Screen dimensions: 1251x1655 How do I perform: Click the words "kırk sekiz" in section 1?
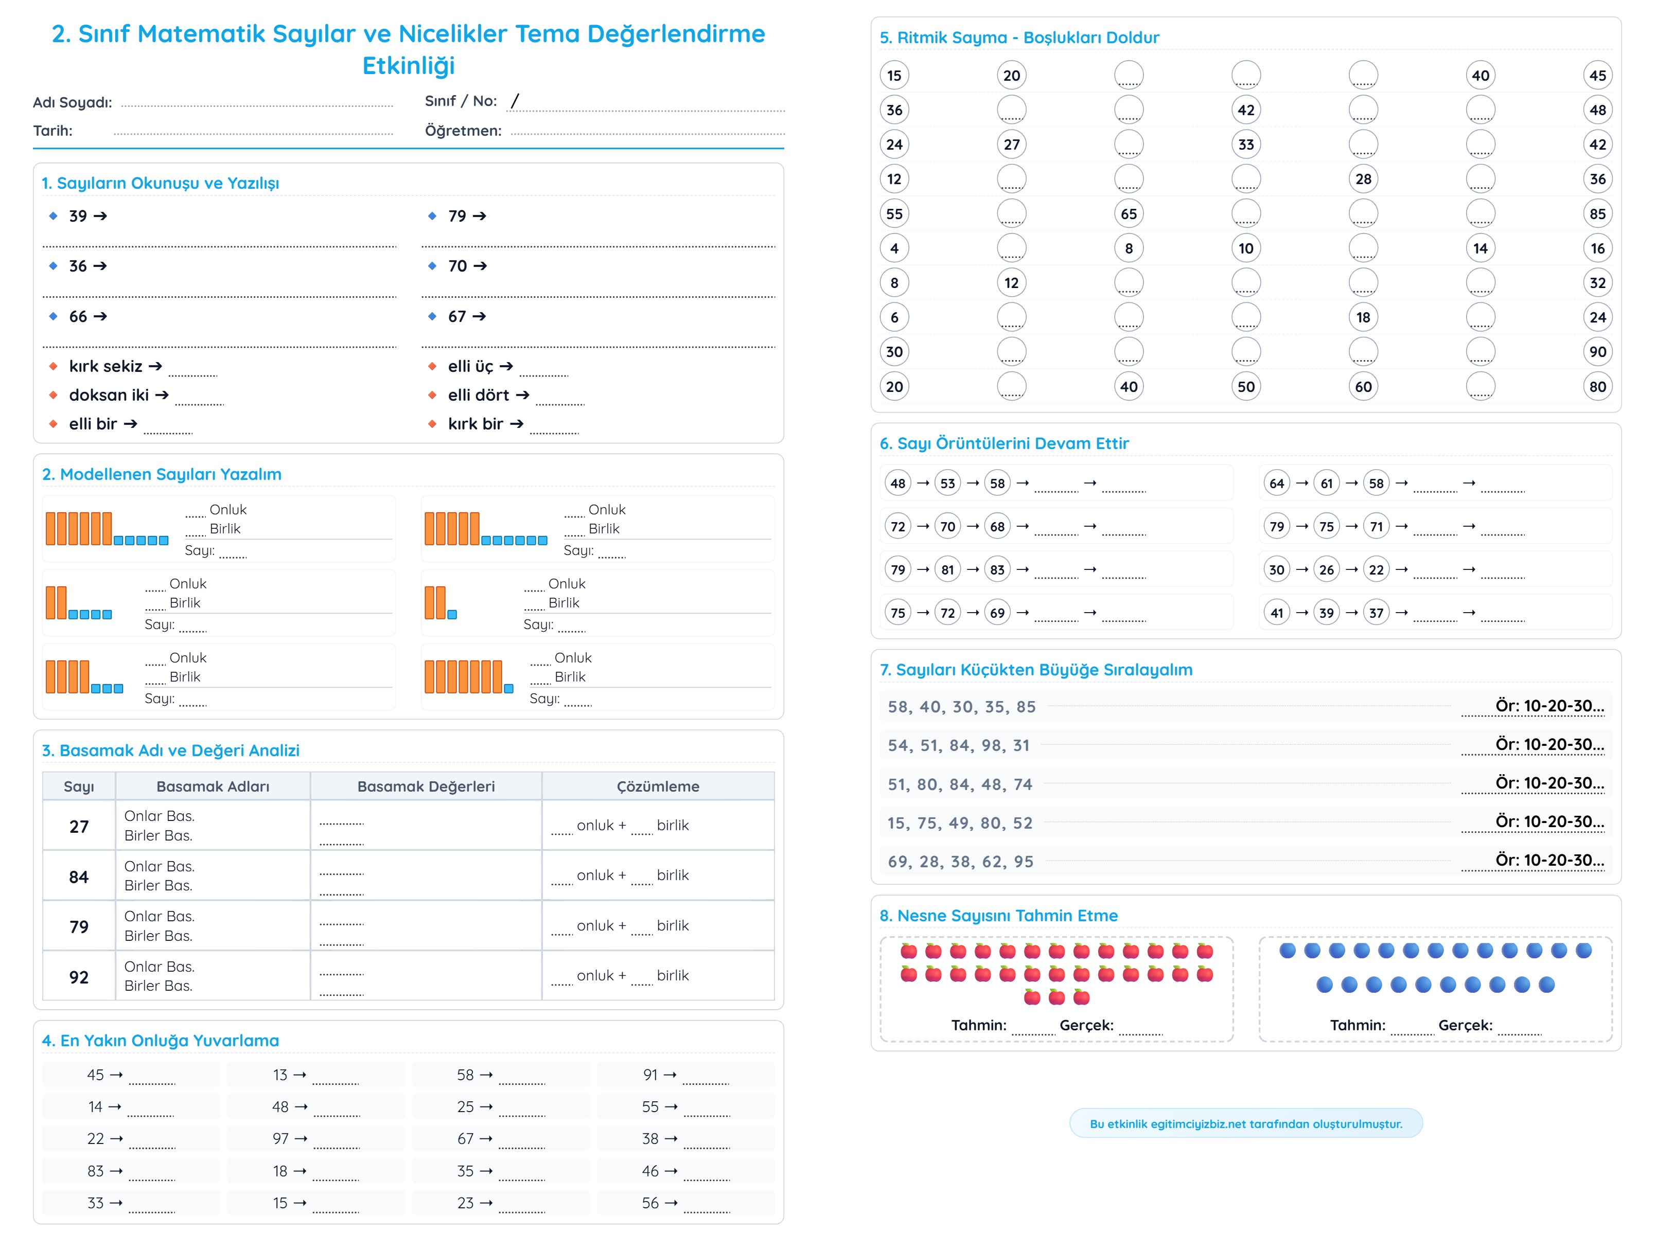tap(105, 366)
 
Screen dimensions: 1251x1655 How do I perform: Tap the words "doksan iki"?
tap(109, 396)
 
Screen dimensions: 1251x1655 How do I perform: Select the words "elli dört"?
tap(478, 396)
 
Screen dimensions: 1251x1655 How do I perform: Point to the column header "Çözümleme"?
tap(658, 786)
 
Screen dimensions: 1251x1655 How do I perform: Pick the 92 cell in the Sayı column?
tap(79, 977)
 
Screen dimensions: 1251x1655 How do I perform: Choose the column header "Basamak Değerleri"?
tap(426, 786)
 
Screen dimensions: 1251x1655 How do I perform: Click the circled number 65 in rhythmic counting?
tap(1128, 214)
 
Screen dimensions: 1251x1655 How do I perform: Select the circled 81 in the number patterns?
tap(947, 570)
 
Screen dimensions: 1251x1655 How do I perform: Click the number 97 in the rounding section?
tap(280, 1139)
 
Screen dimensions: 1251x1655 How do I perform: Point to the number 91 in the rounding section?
tap(650, 1075)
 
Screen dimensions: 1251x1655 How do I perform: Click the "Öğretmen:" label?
tap(463, 131)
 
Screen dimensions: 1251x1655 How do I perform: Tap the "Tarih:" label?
tap(52, 131)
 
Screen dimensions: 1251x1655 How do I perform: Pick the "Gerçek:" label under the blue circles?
tap(1465, 1025)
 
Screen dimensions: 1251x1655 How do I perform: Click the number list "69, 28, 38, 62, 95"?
tap(960, 862)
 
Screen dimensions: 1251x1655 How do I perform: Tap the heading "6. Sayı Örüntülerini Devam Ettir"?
tap(1004, 443)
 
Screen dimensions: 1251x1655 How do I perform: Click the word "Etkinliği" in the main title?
tap(409, 66)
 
